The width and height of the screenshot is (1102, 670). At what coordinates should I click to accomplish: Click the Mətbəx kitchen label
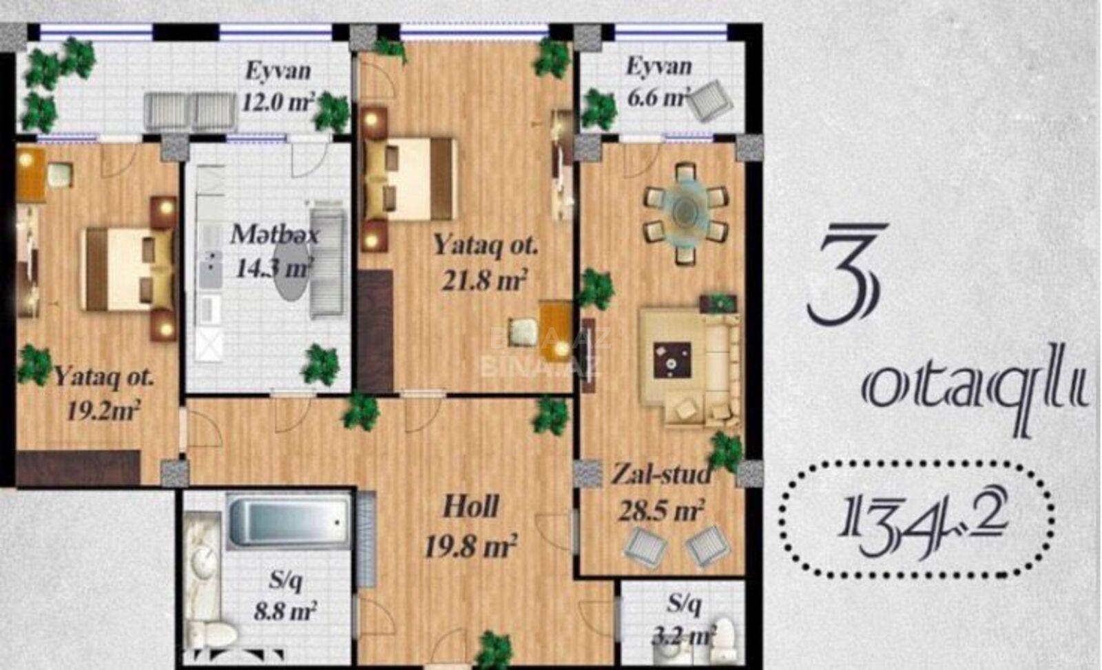point(275,235)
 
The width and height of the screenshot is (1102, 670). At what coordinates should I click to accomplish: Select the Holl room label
point(471,507)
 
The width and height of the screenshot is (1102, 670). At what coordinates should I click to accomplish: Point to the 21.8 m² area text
point(485,280)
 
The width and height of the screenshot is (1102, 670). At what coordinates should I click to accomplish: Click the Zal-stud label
point(661,475)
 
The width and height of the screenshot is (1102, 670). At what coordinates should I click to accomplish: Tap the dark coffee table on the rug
point(672,360)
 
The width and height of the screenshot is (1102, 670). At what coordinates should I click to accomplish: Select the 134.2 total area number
point(916,521)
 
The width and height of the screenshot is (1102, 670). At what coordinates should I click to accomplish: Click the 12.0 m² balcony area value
point(278,103)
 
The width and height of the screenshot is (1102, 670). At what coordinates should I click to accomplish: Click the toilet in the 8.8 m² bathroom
point(214,635)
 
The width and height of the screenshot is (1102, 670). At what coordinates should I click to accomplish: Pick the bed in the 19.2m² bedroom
point(129,269)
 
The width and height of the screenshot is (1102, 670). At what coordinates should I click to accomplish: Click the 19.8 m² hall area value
point(470,546)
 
